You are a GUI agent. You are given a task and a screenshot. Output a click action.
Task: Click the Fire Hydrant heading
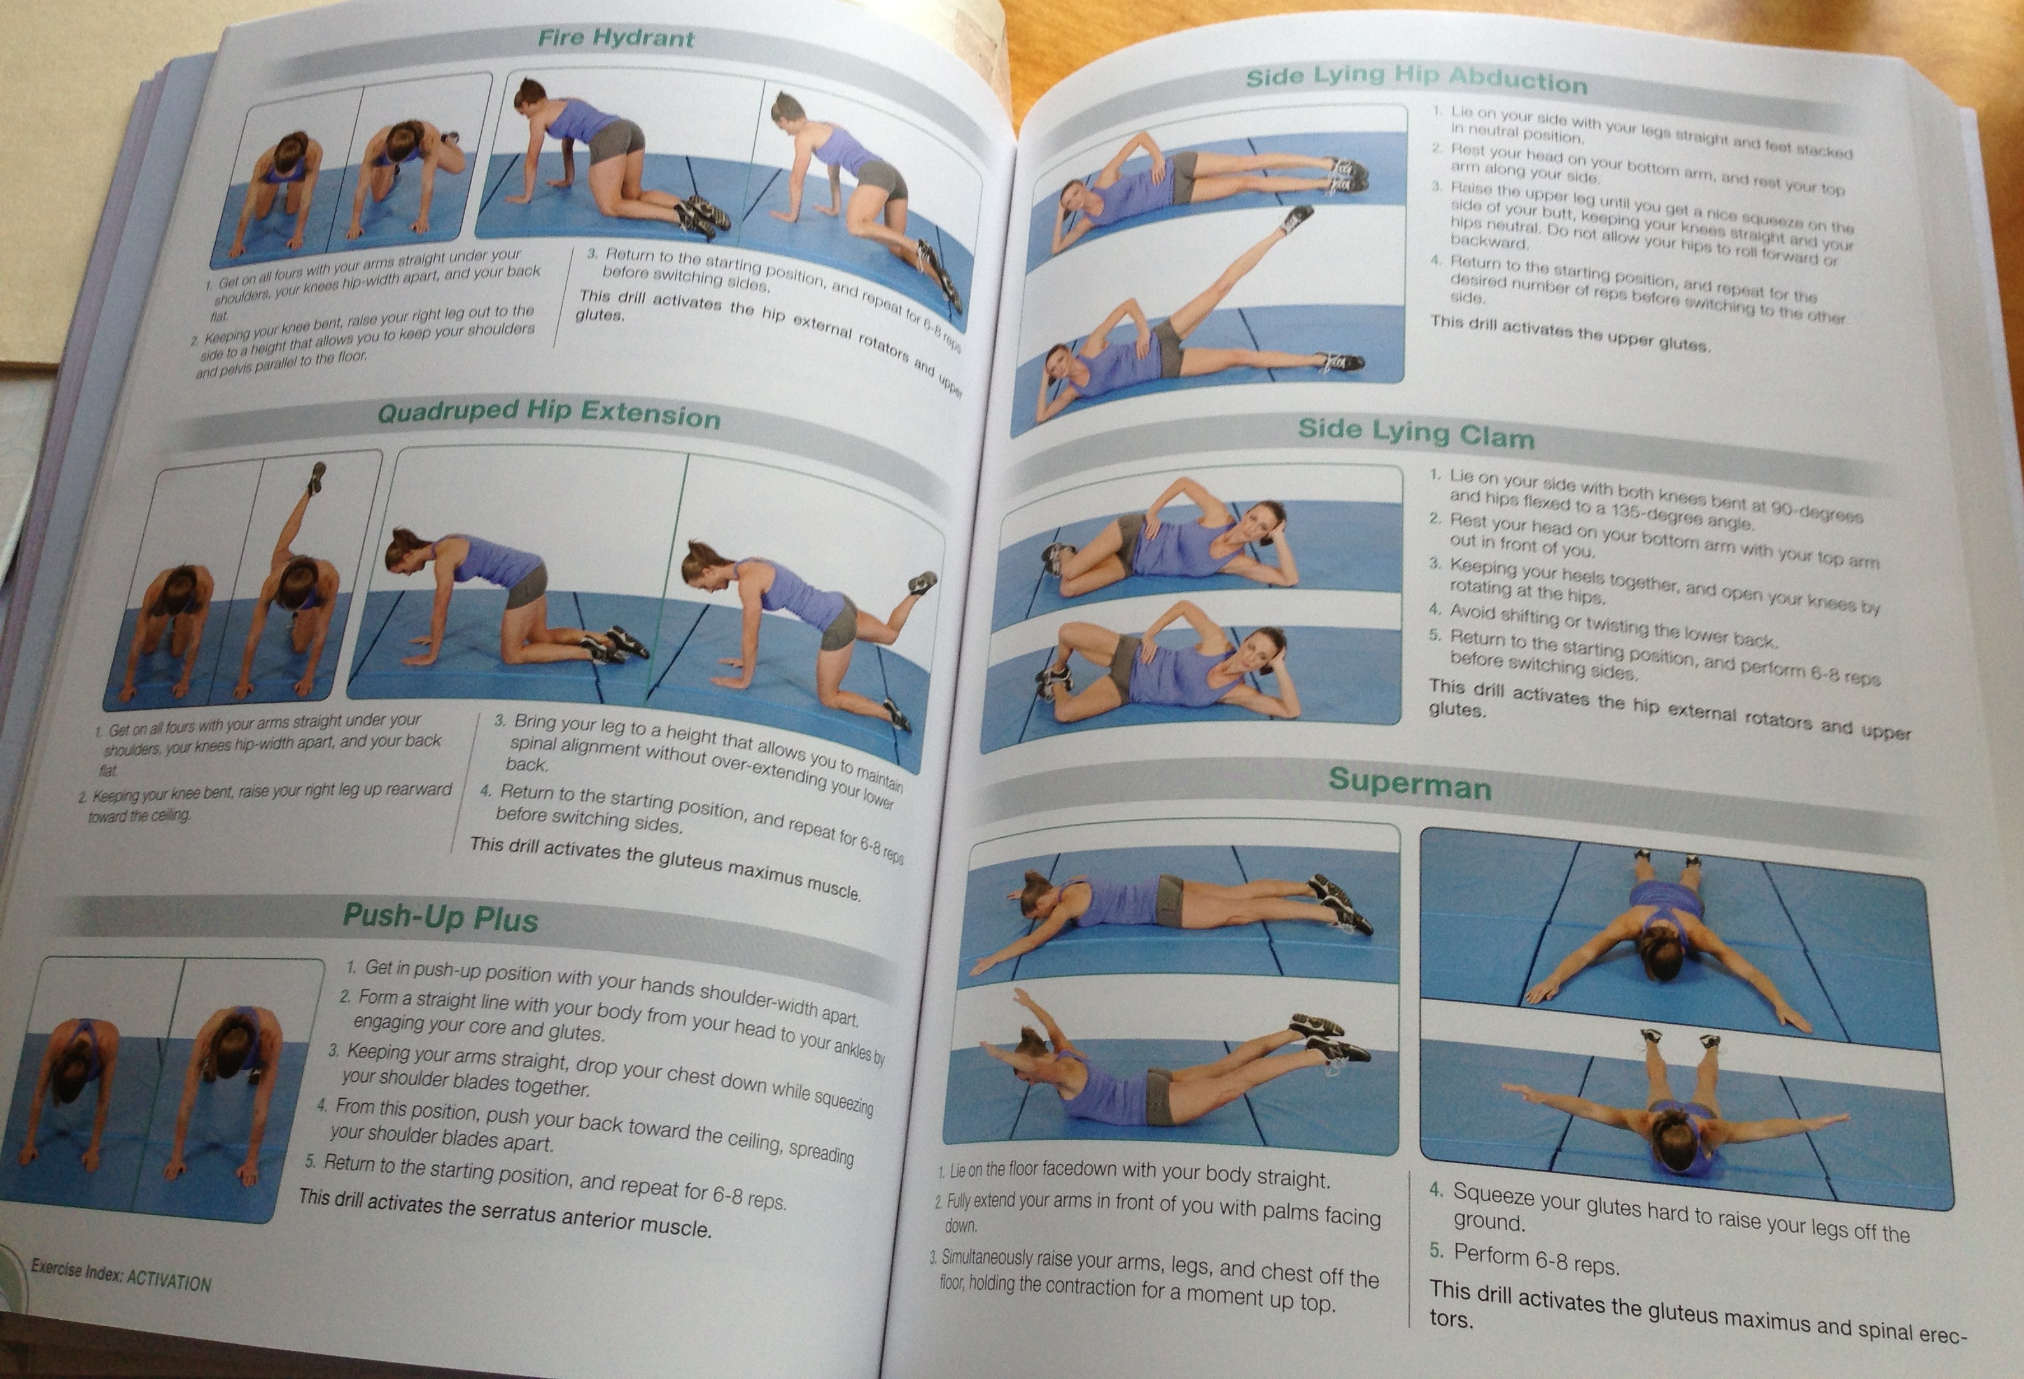point(615,38)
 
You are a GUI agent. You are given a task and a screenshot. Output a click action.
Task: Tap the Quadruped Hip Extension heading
point(549,413)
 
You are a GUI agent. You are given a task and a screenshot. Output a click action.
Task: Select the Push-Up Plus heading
point(440,917)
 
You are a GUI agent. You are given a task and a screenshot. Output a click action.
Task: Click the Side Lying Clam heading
point(1416,433)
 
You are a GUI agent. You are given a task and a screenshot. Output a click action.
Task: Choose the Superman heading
point(1409,783)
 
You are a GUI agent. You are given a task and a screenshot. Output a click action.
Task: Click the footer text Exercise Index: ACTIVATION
point(121,1275)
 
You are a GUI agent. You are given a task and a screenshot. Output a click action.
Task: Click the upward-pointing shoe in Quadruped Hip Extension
point(315,477)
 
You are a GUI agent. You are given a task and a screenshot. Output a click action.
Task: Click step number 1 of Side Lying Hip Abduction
point(1437,113)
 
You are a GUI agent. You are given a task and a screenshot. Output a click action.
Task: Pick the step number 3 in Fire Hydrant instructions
point(591,255)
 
